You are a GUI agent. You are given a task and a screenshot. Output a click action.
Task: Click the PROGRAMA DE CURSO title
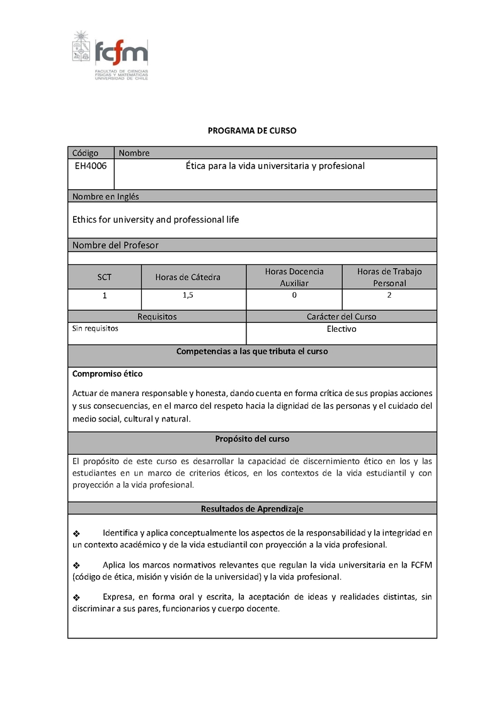pos(252,131)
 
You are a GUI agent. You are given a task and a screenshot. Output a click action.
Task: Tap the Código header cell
pos(86,153)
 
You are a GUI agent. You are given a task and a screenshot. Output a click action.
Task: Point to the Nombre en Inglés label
pos(106,196)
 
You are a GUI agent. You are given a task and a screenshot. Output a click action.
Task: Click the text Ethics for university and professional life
pos(156,219)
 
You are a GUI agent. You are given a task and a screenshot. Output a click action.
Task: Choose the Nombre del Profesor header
pos(115,245)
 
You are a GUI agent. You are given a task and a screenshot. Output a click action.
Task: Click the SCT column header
pos(104,277)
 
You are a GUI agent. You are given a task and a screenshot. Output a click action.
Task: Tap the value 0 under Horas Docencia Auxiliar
pos(294,295)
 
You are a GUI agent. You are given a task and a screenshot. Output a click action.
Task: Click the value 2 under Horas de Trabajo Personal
pos(389,295)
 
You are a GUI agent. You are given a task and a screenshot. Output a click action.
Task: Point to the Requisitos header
pos(157,317)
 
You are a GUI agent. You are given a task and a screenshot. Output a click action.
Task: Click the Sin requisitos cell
pos(95,329)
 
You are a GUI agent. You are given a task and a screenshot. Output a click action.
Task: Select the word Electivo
pos(341,329)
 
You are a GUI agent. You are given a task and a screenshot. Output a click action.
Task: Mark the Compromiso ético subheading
pos(108,374)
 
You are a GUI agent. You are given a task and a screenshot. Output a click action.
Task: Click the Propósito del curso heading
pos(252,439)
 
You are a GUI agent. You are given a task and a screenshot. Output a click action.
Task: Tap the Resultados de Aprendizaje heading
pos(252,508)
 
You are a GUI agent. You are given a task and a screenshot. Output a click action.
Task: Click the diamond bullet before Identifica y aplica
pos(77,533)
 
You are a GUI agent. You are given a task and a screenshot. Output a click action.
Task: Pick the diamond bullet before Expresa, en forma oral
pos(77,597)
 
